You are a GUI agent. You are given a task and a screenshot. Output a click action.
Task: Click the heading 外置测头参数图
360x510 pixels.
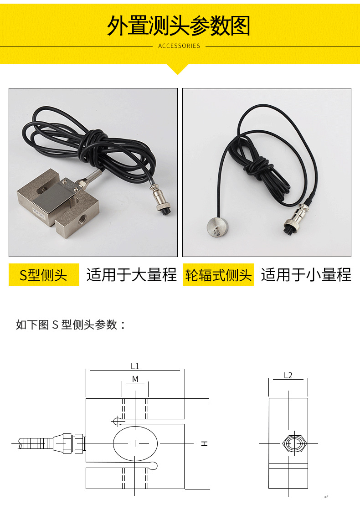179,26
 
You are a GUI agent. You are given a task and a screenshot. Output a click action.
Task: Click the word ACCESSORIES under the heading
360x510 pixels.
179,46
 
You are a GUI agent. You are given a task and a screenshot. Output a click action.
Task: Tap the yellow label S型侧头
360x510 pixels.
43,275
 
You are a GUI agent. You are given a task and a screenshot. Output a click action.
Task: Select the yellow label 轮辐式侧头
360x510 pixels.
218,275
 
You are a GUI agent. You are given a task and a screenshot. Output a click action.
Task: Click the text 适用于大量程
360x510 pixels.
131,275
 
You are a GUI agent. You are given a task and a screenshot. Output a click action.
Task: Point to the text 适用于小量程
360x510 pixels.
306,275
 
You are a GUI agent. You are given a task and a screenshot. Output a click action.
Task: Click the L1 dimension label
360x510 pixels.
135,366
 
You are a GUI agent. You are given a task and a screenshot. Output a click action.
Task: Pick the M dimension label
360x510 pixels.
135,379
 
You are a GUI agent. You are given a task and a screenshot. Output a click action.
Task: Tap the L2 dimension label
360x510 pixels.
288,376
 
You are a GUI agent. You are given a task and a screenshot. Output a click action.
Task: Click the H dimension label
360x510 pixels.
205,443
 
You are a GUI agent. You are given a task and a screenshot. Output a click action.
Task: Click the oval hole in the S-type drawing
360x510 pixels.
135,443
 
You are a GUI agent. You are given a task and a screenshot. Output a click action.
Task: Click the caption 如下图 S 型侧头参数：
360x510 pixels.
71,325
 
